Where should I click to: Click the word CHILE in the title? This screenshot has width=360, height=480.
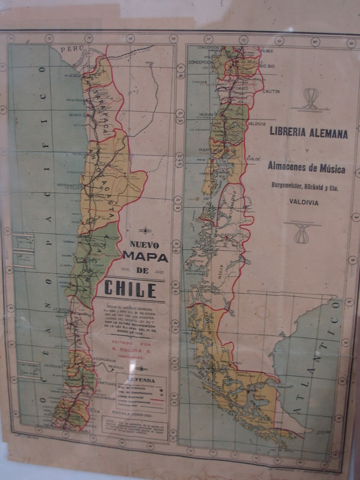(x=130, y=289)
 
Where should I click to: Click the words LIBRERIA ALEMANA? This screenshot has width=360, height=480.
(x=308, y=134)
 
